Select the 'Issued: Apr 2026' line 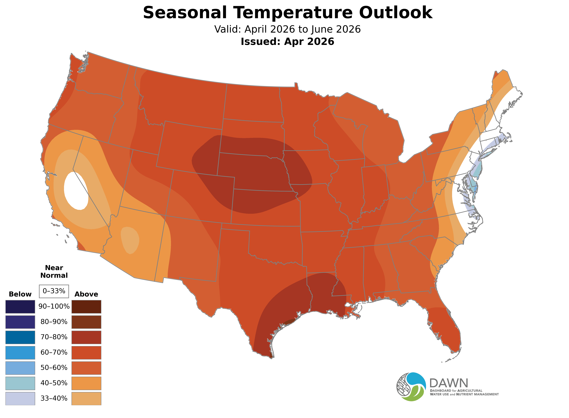(287, 42)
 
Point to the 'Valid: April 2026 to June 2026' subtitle (287, 29)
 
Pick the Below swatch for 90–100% (20, 307)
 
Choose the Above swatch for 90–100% (86, 307)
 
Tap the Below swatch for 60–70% (20, 352)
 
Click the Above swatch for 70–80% (86, 337)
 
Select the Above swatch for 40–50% (86, 383)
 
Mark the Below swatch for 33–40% (20, 398)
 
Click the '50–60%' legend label (54, 368)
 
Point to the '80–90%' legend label (54, 322)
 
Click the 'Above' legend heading (86, 294)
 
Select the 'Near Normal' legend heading (54, 272)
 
